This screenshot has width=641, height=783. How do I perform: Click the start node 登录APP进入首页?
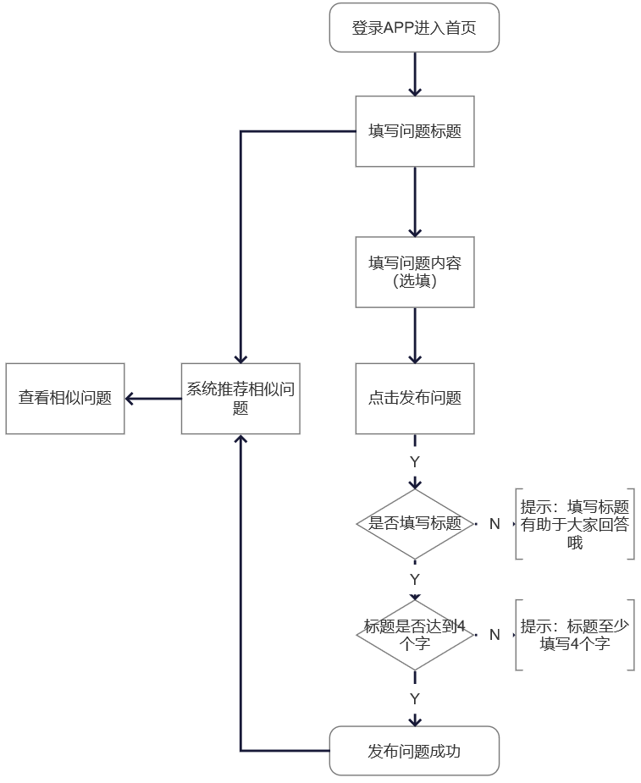click(x=414, y=28)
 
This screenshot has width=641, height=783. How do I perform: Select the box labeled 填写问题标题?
click(x=414, y=131)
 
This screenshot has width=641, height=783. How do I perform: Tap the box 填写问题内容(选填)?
click(x=414, y=272)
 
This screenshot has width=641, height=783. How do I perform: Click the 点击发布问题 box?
click(x=414, y=398)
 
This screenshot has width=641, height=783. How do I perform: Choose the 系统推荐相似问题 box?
click(x=240, y=398)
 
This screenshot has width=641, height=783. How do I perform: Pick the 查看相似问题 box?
click(x=65, y=398)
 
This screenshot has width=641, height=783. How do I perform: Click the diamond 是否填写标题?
click(x=414, y=524)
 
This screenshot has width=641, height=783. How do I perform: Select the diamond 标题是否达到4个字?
click(x=414, y=635)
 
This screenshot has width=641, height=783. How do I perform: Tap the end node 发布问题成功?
click(x=414, y=751)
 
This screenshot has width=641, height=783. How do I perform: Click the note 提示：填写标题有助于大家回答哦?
click(x=575, y=524)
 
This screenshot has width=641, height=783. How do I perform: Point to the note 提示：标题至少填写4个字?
click(x=575, y=635)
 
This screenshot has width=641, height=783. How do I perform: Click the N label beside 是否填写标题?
click(x=495, y=524)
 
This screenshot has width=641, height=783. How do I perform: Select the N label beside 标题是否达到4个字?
click(x=495, y=635)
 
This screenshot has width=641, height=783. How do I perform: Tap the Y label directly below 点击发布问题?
click(x=415, y=462)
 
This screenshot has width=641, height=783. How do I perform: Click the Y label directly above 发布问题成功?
click(x=415, y=699)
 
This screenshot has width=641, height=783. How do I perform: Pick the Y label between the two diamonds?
click(x=415, y=580)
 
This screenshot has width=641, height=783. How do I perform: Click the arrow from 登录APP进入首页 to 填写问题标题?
click(x=414, y=74)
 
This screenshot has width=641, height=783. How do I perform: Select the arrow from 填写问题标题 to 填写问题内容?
click(x=414, y=201)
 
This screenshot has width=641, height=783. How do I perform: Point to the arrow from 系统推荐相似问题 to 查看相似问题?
click(x=153, y=399)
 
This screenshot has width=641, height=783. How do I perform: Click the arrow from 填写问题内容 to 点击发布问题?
click(x=414, y=335)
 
